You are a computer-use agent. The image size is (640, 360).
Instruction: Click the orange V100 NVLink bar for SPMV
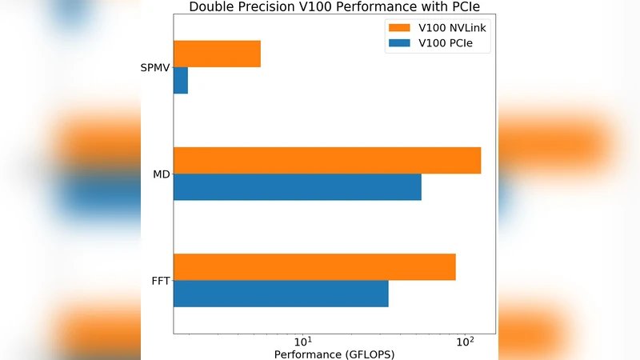tap(217, 54)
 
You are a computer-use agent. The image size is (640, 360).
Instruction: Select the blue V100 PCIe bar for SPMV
tap(181, 80)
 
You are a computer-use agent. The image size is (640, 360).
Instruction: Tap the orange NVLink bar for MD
tap(327, 160)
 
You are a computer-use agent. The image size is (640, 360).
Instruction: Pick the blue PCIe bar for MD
tap(298, 186)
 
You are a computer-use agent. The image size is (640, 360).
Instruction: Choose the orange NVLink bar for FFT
tap(314, 266)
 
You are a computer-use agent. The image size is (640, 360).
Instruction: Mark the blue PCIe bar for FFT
tap(281, 294)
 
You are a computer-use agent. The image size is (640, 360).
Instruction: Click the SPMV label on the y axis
tap(154, 67)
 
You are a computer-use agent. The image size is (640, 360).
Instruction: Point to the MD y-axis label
tap(161, 174)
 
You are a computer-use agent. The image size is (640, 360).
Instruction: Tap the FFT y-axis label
tap(160, 280)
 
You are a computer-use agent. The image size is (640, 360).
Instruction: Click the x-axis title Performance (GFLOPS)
tap(334, 354)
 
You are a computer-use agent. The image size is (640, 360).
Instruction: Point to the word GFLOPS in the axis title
tap(369, 354)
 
